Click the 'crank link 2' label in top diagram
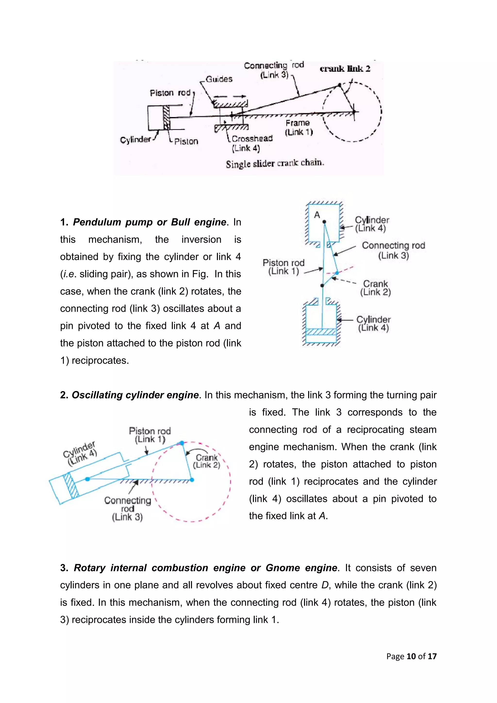coord(345,69)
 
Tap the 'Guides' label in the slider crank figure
coord(219,79)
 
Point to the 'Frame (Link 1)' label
coord(298,127)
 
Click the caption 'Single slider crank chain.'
coord(275,163)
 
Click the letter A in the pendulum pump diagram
coord(317,215)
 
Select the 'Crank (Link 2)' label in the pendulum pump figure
coord(375,288)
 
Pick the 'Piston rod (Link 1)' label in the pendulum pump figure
coord(283,267)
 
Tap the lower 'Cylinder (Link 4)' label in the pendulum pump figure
coord(373,324)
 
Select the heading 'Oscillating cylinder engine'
coord(135,395)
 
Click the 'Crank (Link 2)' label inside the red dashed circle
coord(207,461)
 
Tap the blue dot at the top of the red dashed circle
coord(182,443)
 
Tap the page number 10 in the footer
coord(411,656)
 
